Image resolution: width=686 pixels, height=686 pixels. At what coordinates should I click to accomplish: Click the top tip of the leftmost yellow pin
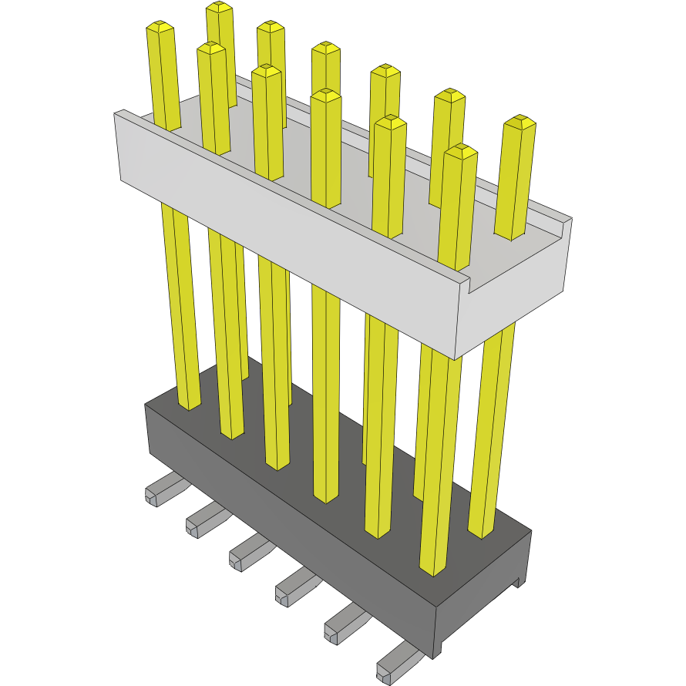point(160,28)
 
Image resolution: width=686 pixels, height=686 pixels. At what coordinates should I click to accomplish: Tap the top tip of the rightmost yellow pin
point(520,122)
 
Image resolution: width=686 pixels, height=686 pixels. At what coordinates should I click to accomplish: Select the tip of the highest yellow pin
point(220,7)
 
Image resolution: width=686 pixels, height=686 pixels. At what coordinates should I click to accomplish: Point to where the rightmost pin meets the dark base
point(481,533)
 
